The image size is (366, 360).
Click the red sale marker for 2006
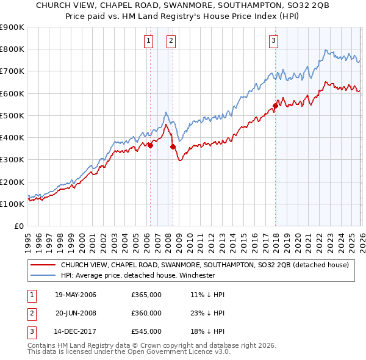point(150,145)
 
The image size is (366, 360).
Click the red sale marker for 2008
point(173,146)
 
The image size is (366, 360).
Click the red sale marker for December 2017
point(275,106)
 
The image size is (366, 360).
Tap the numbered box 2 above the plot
point(171,41)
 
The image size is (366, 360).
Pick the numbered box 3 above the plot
point(273,41)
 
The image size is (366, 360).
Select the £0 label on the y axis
point(18,226)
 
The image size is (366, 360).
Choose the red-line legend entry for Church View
point(204,265)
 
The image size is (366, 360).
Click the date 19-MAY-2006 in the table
point(76,295)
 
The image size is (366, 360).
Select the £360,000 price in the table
point(146,314)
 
